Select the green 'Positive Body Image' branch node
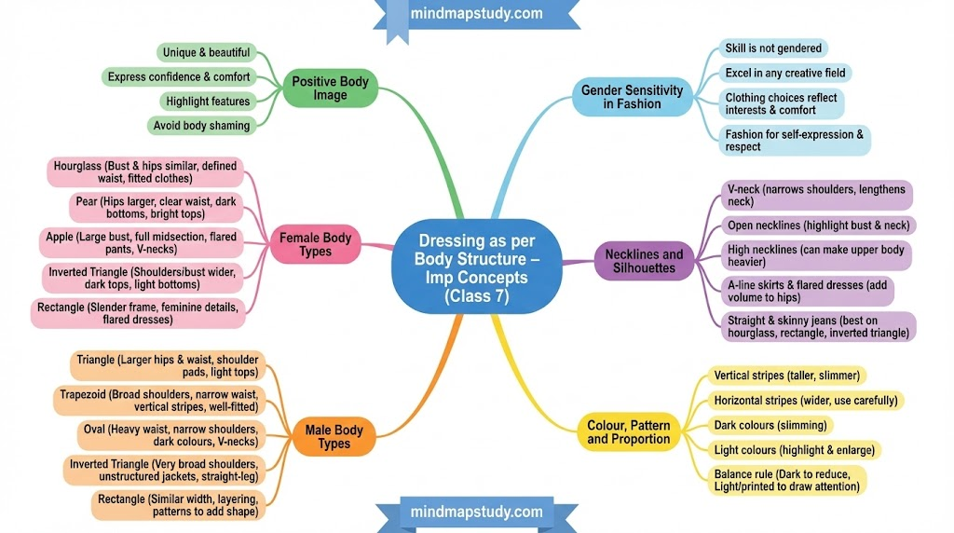[x=330, y=89]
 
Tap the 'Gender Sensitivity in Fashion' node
[x=632, y=97]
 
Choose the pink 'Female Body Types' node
[x=315, y=245]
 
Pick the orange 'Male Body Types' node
[x=334, y=437]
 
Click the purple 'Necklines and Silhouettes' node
[x=644, y=262]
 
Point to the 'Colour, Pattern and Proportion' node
[x=628, y=432]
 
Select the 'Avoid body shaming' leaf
[x=200, y=126]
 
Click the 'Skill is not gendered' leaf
[x=772, y=48]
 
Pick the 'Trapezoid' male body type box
[x=159, y=401]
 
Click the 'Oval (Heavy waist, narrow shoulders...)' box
[x=170, y=435]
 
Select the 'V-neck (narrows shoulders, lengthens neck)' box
[x=815, y=196]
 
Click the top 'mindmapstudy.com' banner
[x=476, y=14]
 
